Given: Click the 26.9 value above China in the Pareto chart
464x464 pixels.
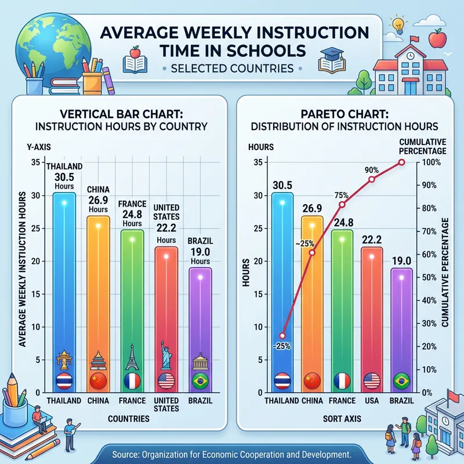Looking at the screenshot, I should tap(312, 208).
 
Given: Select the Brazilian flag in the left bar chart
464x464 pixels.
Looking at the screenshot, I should tap(200, 381).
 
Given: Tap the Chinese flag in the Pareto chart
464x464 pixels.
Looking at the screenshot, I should tap(312, 381).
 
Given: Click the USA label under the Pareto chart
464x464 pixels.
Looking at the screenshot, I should tap(371, 401).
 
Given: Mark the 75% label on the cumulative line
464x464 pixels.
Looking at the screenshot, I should tap(341, 195).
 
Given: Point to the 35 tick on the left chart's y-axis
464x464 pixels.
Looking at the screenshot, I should tap(35, 162).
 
